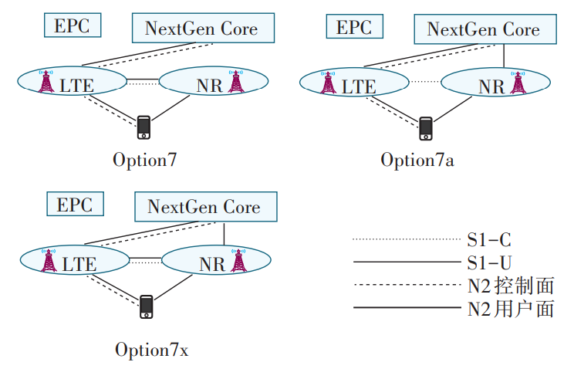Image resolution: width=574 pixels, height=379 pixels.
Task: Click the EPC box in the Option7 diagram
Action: click(x=72, y=25)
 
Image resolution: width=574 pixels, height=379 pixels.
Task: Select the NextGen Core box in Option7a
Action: click(x=483, y=30)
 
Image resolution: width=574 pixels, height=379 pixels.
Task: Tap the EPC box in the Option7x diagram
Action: click(x=74, y=205)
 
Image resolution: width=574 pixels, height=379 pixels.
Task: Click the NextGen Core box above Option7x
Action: click(x=204, y=207)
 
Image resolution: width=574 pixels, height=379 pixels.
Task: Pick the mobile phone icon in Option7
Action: click(x=143, y=127)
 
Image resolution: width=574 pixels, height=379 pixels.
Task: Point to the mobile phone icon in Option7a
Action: click(x=425, y=129)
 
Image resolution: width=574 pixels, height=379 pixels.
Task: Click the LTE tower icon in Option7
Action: click(x=46, y=80)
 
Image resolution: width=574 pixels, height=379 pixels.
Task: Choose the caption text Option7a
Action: click(x=417, y=160)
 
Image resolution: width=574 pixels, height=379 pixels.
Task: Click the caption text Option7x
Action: click(x=151, y=350)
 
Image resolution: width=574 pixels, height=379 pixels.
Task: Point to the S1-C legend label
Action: click(x=488, y=240)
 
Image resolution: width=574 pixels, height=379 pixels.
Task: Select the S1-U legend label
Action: click(x=488, y=262)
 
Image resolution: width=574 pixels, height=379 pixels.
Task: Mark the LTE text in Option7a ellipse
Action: click(x=359, y=86)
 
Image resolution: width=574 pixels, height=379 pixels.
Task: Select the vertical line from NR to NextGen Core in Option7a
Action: click(x=503, y=55)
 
